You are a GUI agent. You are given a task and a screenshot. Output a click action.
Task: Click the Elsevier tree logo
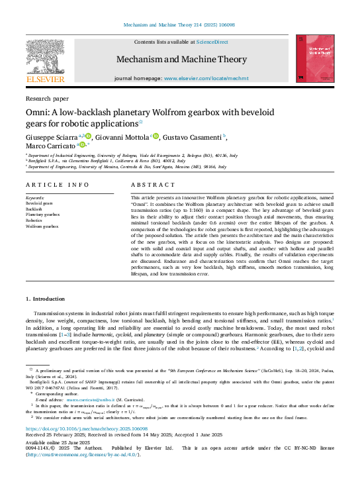point(45,58)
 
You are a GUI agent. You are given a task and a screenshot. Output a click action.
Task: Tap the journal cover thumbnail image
point(311,58)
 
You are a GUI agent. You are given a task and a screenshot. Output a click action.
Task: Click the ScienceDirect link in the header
point(212,42)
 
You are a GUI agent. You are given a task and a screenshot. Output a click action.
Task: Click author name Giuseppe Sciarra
point(51,137)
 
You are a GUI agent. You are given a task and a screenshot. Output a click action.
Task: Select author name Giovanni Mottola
point(124,137)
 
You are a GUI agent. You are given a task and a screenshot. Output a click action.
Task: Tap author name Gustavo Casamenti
point(193,137)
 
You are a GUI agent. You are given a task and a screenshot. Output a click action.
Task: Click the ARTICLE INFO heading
point(57,185)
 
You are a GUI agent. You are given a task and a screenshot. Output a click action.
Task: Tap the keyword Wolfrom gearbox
point(42,226)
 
